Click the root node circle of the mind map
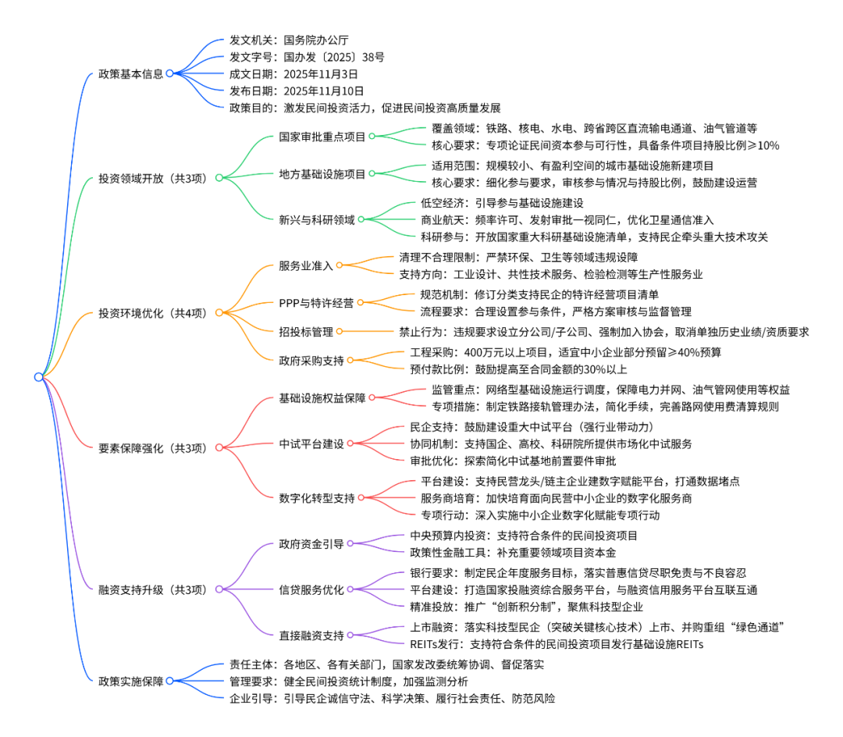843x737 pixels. [x=38, y=377]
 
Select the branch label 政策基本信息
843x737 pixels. [x=130, y=74]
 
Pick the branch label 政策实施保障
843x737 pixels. [x=130, y=681]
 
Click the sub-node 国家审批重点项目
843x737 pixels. [x=322, y=137]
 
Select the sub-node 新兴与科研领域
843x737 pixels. [x=316, y=219]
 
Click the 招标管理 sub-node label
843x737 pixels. [x=305, y=332]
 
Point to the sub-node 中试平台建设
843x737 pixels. [x=311, y=443]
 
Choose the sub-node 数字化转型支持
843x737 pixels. [x=316, y=497]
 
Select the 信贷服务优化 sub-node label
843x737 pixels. [x=311, y=590]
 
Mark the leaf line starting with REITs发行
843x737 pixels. [x=556, y=644]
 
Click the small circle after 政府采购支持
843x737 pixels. [x=350, y=360]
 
